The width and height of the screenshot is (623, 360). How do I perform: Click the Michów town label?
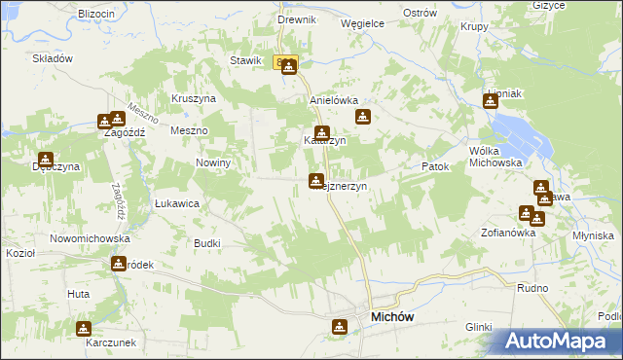(x=395, y=317)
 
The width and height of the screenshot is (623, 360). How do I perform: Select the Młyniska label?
(x=594, y=235)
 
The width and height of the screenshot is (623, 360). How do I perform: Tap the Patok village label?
(x=435, y=167)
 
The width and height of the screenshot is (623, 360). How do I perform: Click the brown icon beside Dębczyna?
(x=45, y=160)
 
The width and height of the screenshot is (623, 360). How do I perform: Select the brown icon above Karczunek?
(x=84, y=329)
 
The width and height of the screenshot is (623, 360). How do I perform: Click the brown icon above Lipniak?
(x=491, y=99)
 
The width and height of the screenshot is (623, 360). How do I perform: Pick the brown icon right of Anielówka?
(x=363, y=118)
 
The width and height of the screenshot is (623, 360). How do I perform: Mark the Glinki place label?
(x=479, y=327)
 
